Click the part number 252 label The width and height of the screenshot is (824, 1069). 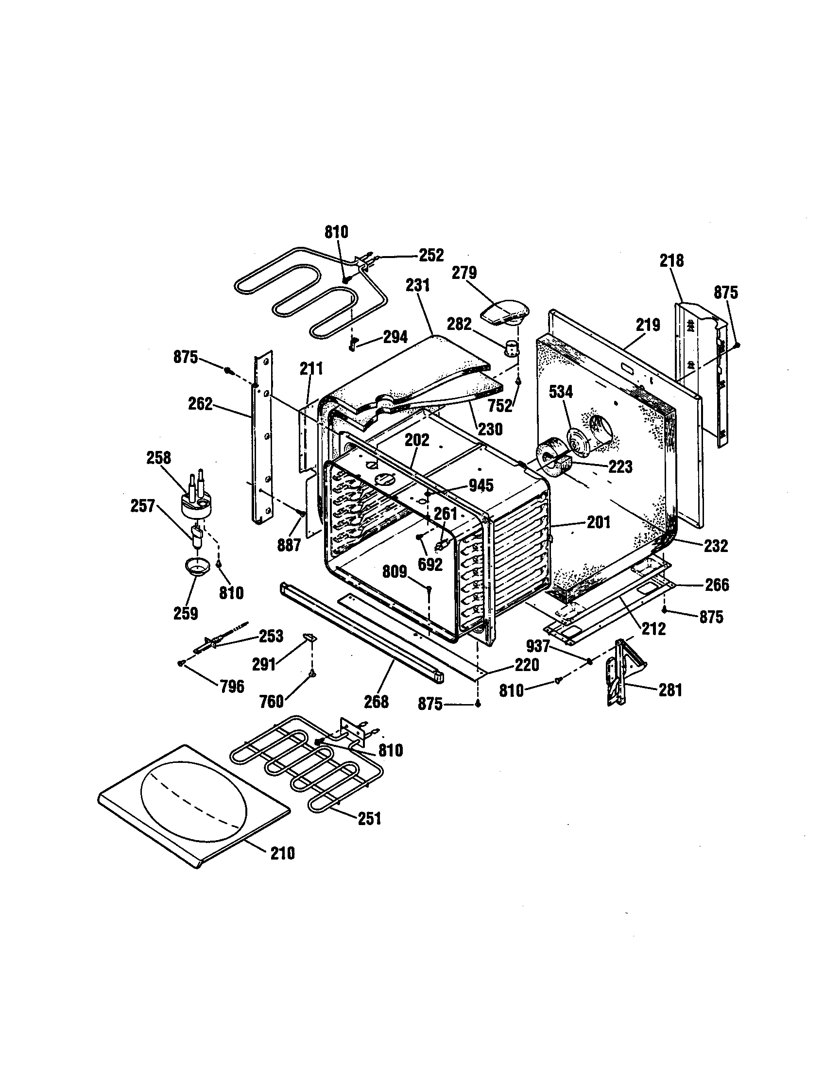coord(431,255)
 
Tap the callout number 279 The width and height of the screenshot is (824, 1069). coord(464,273)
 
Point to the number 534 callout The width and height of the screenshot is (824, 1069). coord(561,392)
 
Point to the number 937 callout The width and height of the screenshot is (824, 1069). coord(538,647)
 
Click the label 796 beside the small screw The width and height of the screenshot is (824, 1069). coord(232,686)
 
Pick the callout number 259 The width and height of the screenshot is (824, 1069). coord(186,613)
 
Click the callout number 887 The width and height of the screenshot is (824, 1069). coord(289,545)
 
